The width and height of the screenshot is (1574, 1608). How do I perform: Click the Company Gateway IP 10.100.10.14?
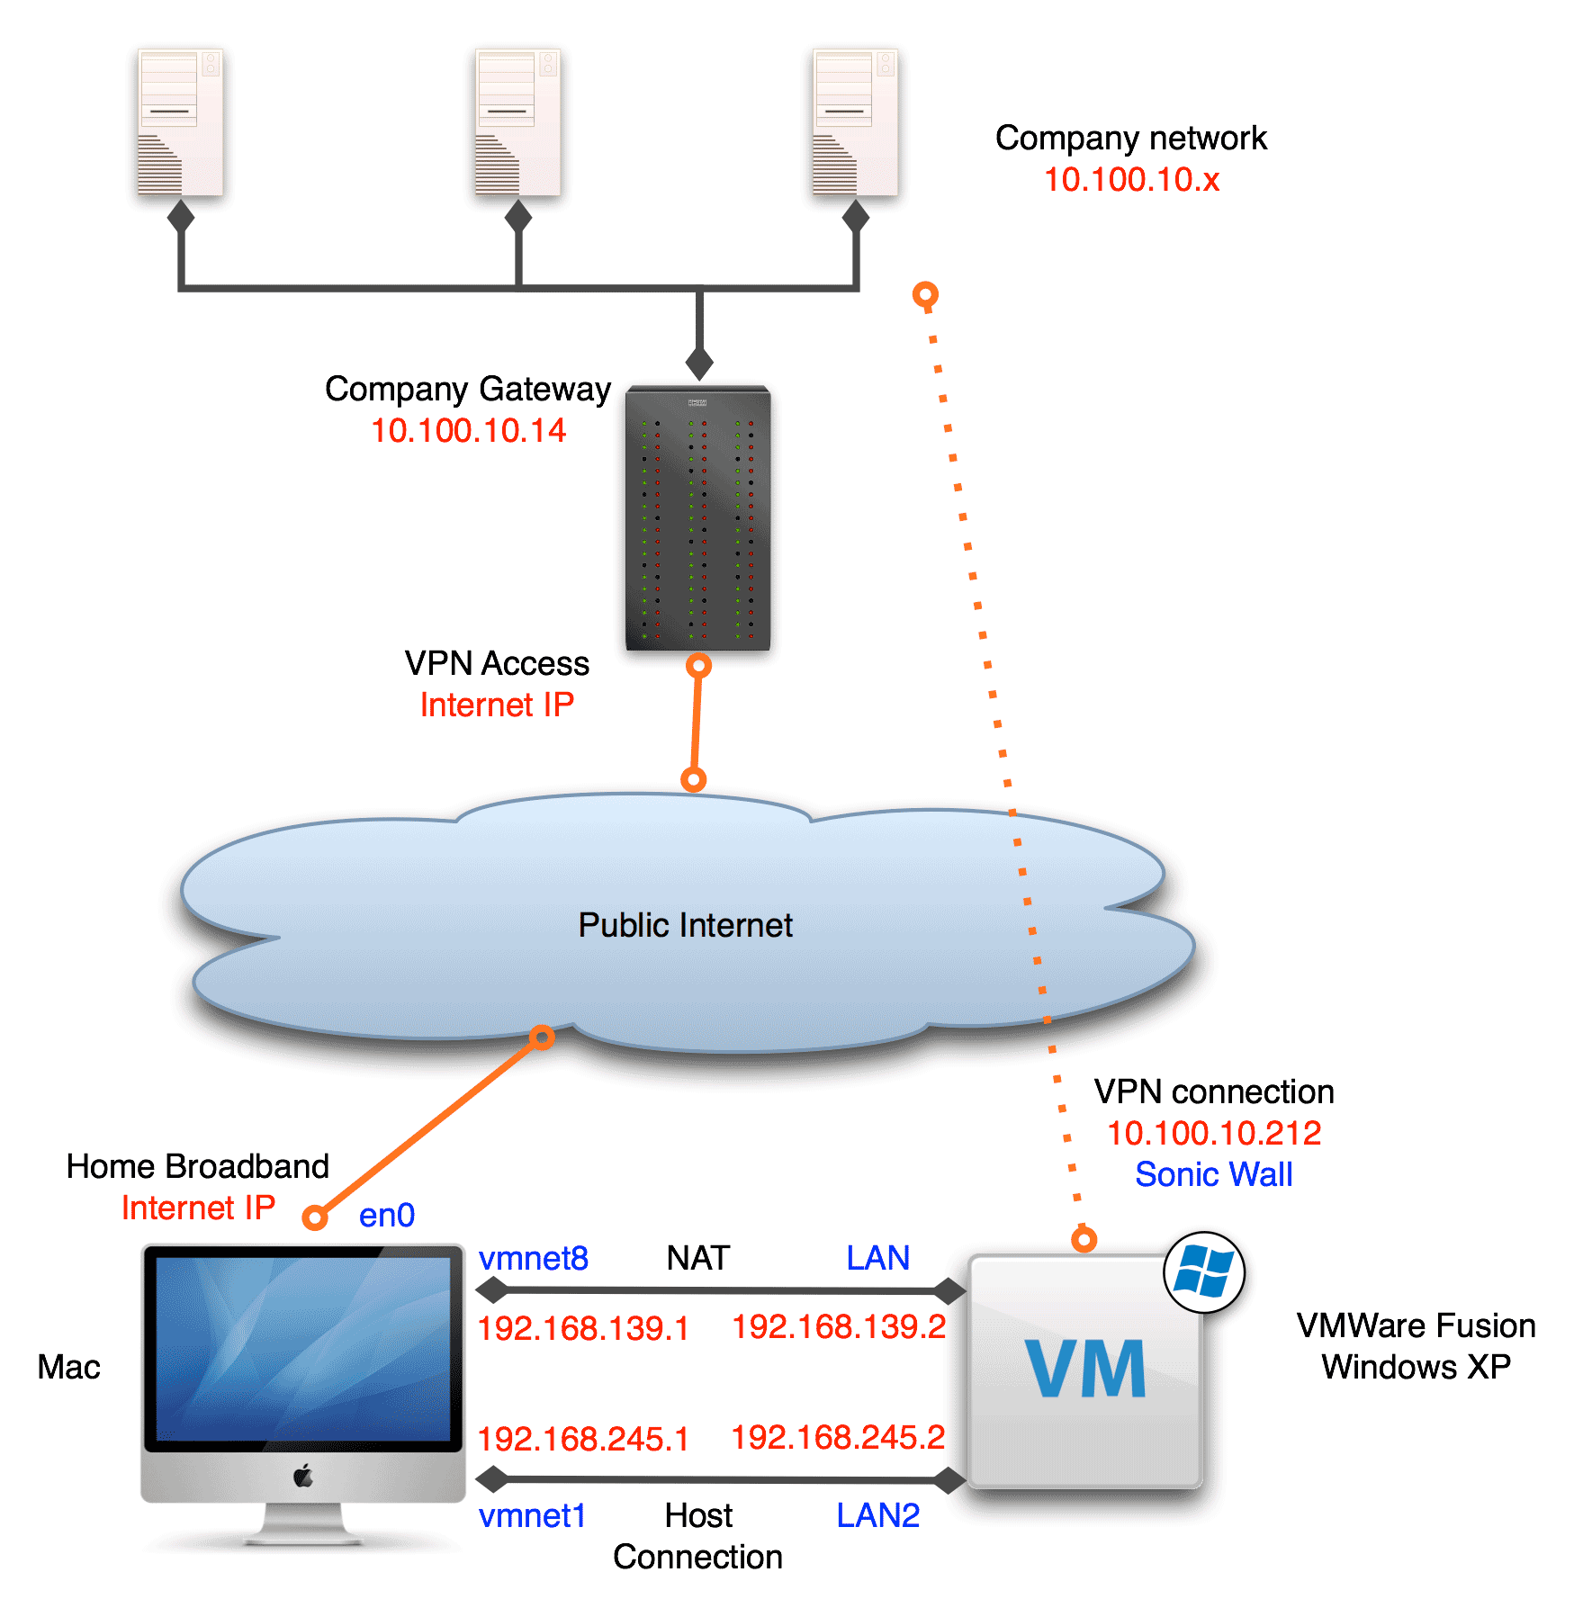[x=468, y=431]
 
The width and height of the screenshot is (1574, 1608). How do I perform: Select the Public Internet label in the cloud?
[x=685, y=925]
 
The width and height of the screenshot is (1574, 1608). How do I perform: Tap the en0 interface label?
[x=387, y=1216]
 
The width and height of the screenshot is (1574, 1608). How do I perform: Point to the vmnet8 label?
[x=533, y=1258]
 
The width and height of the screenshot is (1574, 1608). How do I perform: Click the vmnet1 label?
[x=532, y=1516]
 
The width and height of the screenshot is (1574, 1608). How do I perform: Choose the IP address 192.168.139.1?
[x=583, y=1328]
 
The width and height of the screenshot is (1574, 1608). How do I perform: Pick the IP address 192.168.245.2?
[x=838, y=1437]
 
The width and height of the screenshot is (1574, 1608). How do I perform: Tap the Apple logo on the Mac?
[x=303, y=1476]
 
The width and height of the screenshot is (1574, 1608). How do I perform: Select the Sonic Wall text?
[x=1213, y=1174]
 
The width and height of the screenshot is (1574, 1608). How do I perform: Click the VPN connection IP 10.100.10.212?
[x=1213, y=1133]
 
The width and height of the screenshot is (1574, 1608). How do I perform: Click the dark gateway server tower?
[x=698, y=518]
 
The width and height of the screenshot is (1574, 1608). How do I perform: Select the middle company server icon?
[x=517, y=122]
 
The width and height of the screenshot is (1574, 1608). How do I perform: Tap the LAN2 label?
[x=877, y=1516]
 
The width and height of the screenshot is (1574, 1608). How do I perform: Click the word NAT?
[x=697, y=1258]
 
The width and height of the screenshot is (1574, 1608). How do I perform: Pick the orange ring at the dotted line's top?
[x=925, y=294]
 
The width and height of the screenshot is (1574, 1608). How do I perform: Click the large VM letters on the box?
[x=1085, y=1369]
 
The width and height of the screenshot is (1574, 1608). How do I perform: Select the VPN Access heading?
[x=497, y=663]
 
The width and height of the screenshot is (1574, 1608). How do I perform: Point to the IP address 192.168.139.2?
[x=838, y=1326]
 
